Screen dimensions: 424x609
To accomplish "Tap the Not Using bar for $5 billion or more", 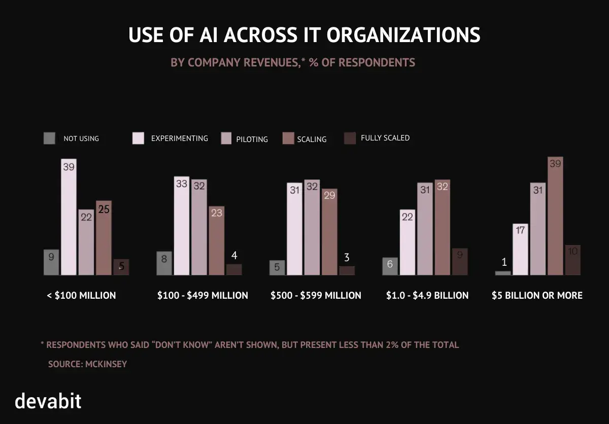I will [x=503, y=273].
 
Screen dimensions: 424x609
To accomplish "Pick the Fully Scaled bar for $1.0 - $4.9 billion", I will [x=459, y=262].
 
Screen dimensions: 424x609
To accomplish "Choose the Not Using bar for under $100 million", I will [x=51, y=262].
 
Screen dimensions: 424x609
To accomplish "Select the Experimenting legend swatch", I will [x=139, y=138].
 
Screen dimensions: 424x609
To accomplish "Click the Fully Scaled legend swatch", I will [x=350, y=138].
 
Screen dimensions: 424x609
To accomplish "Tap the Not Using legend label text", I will [x=81, y=138].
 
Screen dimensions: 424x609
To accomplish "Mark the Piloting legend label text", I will [x=252, y=139].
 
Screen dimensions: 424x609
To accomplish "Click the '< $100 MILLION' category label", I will [x=81, y=295].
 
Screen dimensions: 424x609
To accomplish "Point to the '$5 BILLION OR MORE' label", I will [x=537, y=295].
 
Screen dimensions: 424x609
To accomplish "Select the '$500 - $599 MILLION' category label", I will [x=316, y=295].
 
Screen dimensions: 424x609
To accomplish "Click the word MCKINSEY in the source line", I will [x=106, y=364].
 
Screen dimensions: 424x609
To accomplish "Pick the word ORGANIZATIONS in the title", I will [x=403, y=36].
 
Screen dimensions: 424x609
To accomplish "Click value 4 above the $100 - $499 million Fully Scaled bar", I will [x=234, y=255].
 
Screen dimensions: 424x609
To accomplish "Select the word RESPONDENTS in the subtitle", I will [x=377, y=62].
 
